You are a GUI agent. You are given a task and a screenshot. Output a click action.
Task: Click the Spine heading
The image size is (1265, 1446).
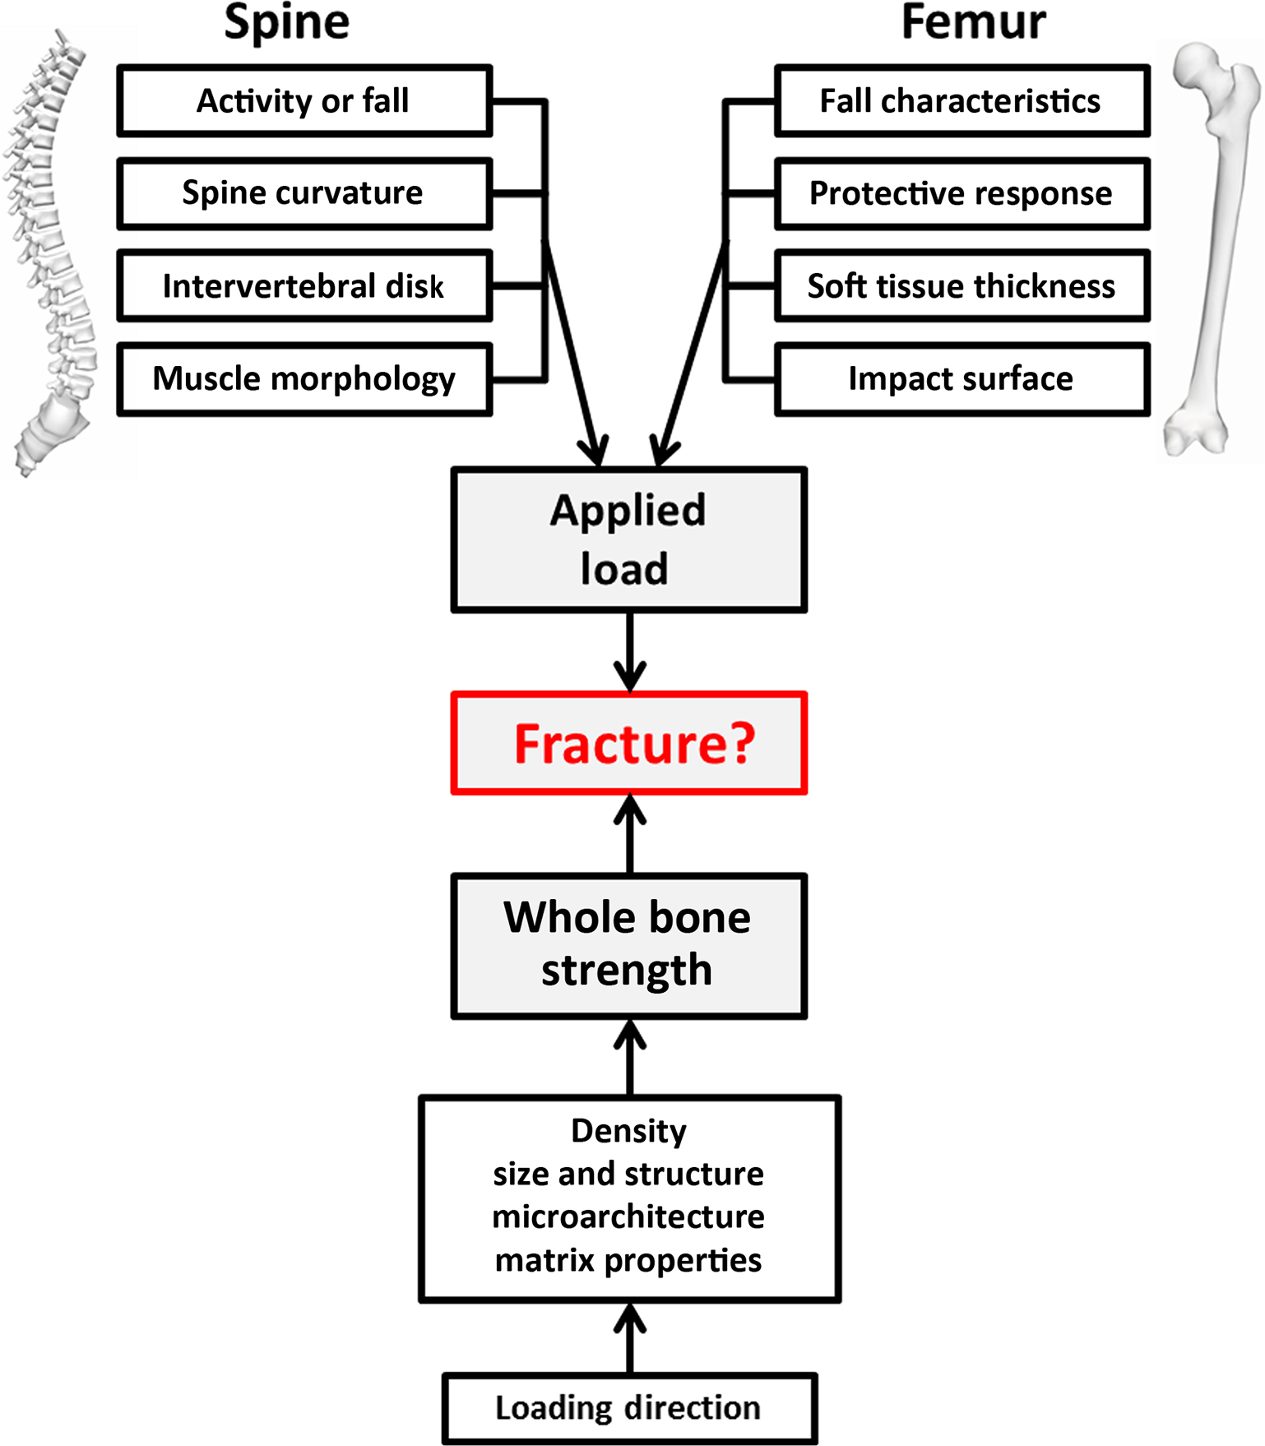[287, 22]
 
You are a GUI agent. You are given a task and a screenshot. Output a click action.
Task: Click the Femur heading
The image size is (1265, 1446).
[973, 22]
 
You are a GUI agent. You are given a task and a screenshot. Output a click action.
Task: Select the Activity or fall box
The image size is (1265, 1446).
[304, 101]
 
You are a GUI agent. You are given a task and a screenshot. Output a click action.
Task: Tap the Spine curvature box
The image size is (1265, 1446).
[304, 193]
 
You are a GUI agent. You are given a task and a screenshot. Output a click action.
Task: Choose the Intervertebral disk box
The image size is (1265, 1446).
[304, 286]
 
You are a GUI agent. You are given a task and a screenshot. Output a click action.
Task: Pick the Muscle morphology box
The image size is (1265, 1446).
[304, 379]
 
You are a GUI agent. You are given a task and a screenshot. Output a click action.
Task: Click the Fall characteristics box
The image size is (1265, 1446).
[961, 101]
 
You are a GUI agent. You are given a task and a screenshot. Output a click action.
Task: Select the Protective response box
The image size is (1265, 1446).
[961, 193]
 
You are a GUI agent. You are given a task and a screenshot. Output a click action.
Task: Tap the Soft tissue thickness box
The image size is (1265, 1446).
[961, 286]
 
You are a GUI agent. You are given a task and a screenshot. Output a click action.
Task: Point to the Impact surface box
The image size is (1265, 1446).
[961, 379]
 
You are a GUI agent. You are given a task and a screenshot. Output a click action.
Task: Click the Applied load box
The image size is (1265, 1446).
[629, 540]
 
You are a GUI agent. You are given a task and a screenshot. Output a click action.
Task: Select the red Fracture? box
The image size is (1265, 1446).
[629, 744]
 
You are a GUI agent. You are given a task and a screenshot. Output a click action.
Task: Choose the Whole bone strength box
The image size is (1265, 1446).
[629, 946]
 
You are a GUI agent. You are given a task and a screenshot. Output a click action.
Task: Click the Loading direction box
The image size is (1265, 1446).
[629, 1408]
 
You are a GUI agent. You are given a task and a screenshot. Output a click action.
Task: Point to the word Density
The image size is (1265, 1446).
[629, 1131]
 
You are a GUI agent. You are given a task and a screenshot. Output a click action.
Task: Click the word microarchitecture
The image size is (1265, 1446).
[629, 1217]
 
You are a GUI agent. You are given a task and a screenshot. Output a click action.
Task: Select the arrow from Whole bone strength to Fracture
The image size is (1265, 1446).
[630, 834]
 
